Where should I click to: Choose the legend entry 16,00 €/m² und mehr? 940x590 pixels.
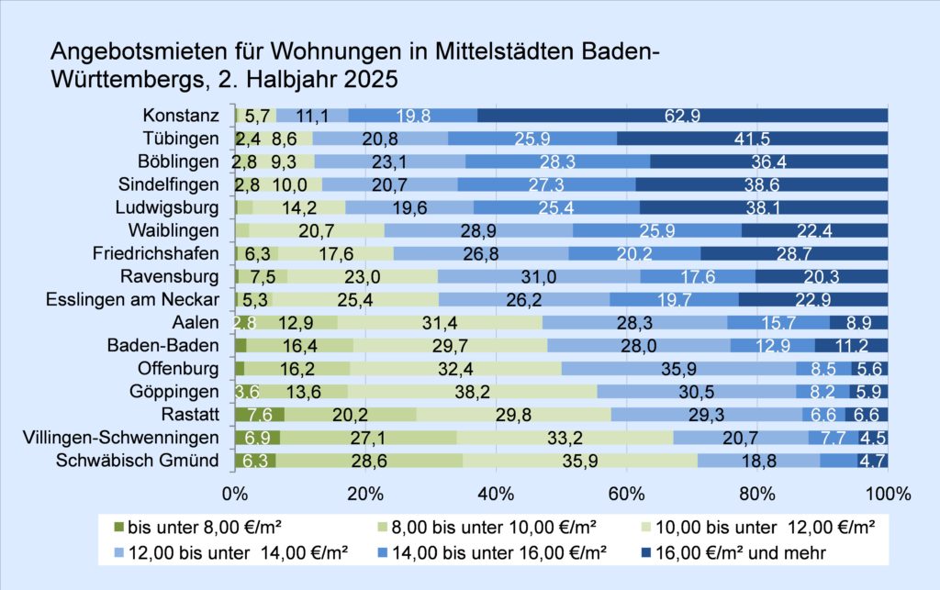point(720,552)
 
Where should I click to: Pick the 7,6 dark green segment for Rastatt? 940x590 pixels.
point(259,415)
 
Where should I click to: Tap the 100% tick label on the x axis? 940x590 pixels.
point(888,493)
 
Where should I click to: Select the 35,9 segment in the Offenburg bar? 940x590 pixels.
point(677,369)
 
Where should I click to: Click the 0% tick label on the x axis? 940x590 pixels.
point(236,493)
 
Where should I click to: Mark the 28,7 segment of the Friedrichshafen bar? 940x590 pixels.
point(794,253)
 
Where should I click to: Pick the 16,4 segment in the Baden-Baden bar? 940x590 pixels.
point(299,346)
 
